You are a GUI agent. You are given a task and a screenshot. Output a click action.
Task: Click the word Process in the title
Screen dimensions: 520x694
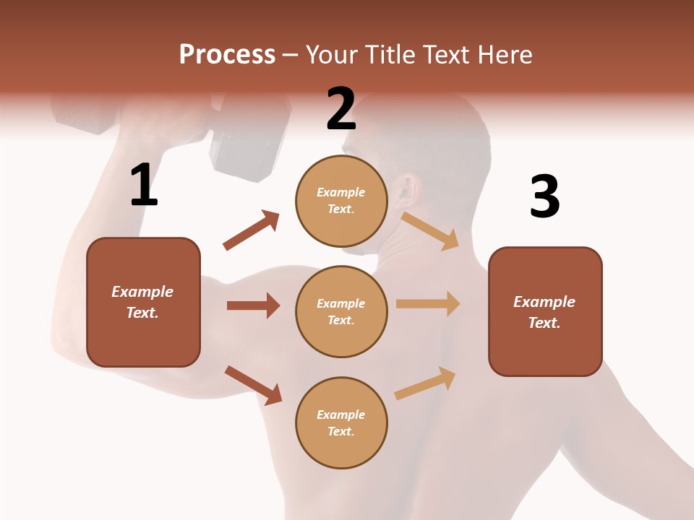[227, 54]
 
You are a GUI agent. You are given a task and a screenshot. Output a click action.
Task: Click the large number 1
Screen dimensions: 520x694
[144, 186]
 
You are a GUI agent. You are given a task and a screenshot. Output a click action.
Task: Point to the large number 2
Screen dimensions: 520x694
[341, 109]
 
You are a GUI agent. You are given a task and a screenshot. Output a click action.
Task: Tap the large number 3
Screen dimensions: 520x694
[544, 196]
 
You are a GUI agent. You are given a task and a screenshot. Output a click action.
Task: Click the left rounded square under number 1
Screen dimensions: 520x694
[143, 302]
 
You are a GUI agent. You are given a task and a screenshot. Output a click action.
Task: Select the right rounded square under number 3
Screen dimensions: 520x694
[545, 311]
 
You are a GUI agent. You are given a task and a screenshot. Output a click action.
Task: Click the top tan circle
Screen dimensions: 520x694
[341, 201]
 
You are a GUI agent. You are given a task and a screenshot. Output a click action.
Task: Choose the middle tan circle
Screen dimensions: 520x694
[341, 311]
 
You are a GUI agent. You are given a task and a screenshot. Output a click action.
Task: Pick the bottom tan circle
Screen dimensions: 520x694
[341, 422]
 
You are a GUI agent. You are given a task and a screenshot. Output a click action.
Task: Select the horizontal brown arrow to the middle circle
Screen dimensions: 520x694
[253, 305]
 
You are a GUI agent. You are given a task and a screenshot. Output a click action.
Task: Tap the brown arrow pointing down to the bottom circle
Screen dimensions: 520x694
[253, 385]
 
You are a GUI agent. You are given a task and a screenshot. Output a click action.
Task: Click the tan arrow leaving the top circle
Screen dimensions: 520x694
[430, 230]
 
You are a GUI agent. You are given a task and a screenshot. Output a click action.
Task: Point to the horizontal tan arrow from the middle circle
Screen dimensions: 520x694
[428, 304]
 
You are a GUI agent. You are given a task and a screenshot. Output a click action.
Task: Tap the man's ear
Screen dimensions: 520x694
[410, 190]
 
